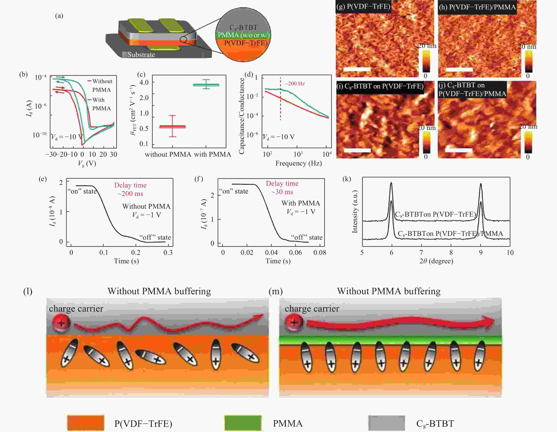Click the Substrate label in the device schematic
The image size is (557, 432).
pyautogui.click(x=141, y=55)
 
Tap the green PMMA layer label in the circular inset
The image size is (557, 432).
pyautogui.click(x=243, y=35)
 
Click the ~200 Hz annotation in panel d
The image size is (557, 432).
pyautogui.click(x=295, y=84)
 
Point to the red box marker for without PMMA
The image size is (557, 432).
pyautogui.click(x=172, y=126)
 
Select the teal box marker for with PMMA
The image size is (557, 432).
pyautogui.click(x=206, y=85)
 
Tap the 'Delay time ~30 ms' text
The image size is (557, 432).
pyautogui.click(x=282, y=187)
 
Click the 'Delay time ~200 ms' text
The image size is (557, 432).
pyautogui.click(x=130, y=189)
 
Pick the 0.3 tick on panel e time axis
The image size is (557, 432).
pyautogui.click(x=168, y=253)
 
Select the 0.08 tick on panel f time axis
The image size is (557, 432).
pyautogui.click(x=320, y=253)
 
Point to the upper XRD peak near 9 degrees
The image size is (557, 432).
pyautogui.click(x=481, y=184)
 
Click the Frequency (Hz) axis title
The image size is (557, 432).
pyautogui.click(x=298, y=163)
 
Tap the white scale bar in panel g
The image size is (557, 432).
pyautogui.click(x=357, y=69)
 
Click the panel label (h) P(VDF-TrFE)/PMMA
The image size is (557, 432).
pyautogui.click(x=477, y=7)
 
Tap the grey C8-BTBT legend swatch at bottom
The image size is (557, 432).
pyautogui.click(x=386, y=423)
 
